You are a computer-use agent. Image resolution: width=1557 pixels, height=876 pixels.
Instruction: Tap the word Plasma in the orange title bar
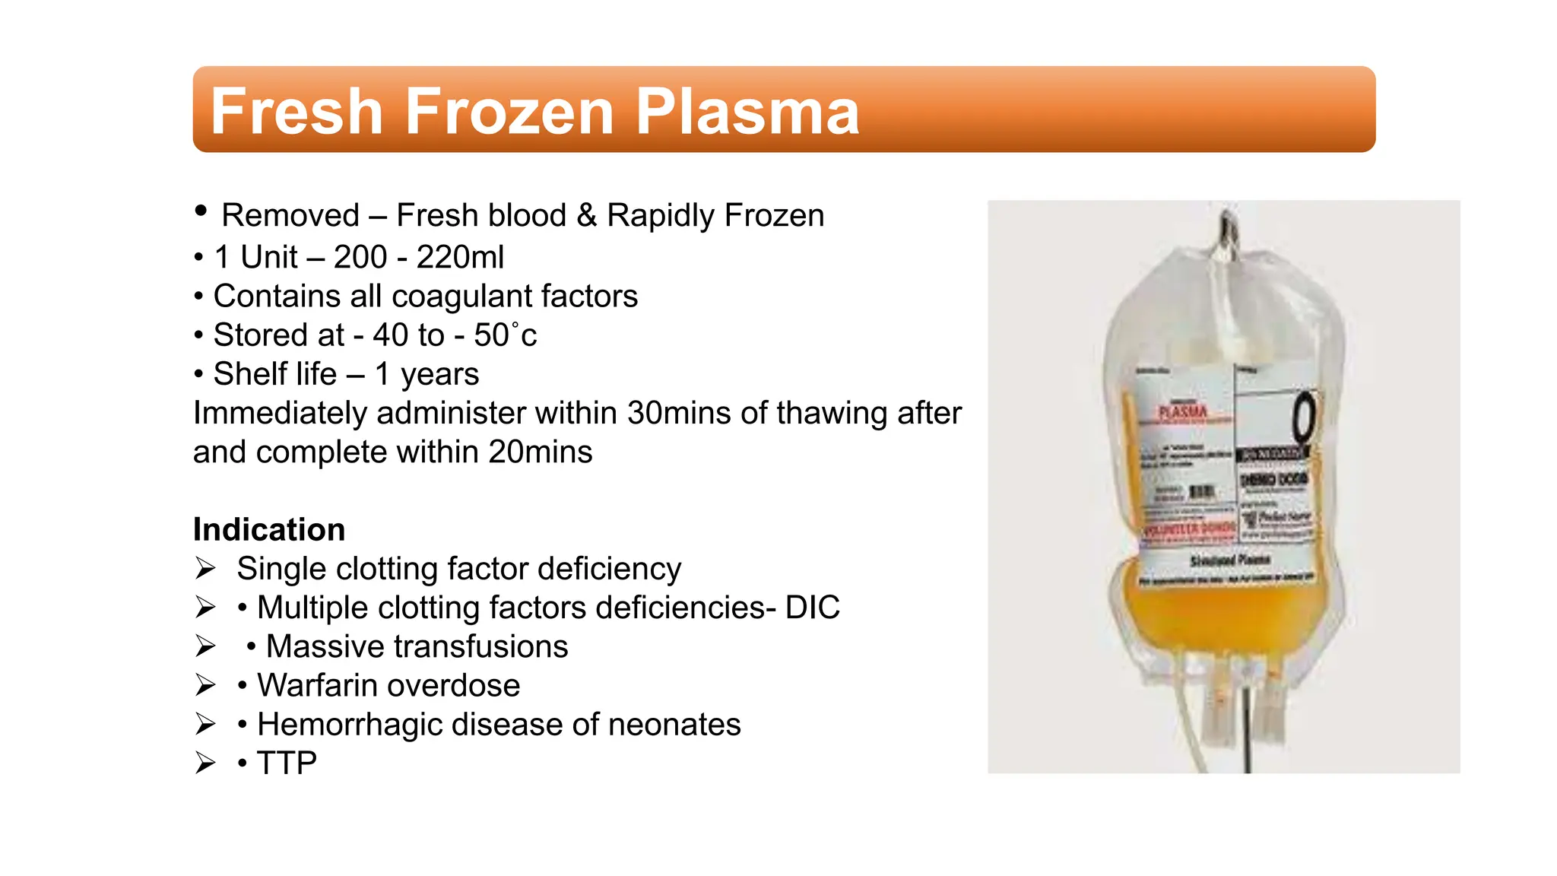tap(747, 112)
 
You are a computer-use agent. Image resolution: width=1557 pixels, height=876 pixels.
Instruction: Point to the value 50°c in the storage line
tap(506, 335)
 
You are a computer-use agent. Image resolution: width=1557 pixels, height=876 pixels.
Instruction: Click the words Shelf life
tap(274, 374)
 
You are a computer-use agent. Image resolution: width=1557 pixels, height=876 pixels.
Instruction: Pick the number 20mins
tap(540, 452)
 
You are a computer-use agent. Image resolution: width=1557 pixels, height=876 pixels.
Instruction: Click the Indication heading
tap(269, 529)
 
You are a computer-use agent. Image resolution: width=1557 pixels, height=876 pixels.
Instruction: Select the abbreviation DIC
tap(812, 608)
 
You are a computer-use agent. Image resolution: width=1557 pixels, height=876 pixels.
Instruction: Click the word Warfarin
tap(323, 685)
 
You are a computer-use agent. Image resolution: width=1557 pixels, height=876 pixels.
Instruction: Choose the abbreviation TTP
tap(287, 763)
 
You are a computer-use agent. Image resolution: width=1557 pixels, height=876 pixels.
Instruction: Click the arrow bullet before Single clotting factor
tap(205, 568)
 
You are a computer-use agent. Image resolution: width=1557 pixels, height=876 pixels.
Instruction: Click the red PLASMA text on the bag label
tap(1183, 412)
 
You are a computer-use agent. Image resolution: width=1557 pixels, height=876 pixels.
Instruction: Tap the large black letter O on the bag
tap(1303, 417)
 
